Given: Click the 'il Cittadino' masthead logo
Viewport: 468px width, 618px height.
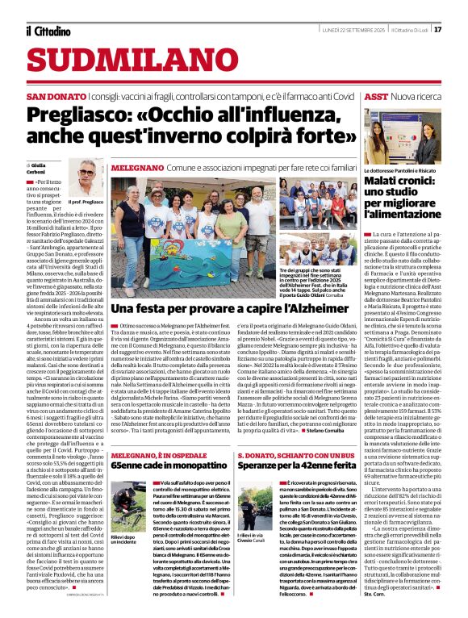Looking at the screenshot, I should (48, 31).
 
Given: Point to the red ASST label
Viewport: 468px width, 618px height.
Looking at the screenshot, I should (376, 96).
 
